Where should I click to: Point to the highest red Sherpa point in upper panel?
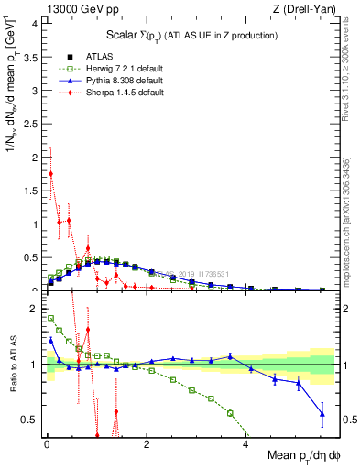50,173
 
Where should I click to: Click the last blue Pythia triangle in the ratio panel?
322,414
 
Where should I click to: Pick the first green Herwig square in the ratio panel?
50,319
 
